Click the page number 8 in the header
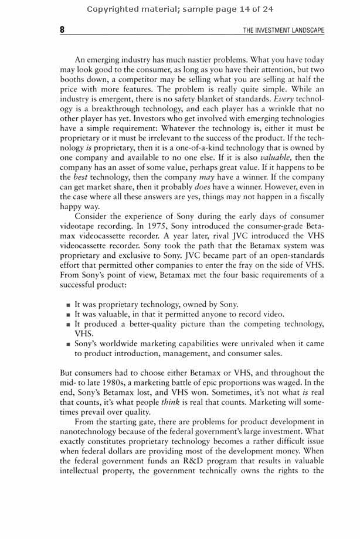click(x=62, y=30)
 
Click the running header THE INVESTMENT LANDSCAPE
click(x=283, y=30)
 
